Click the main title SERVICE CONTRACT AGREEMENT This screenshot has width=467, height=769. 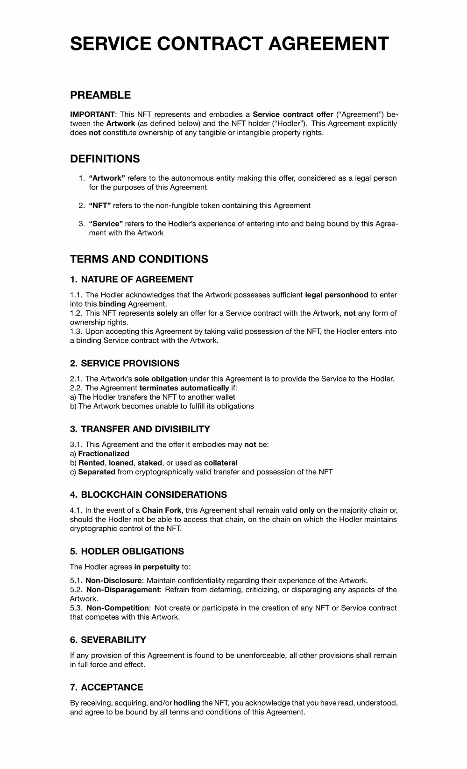pos(229,44)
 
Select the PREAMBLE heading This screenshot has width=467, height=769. pos(100,95)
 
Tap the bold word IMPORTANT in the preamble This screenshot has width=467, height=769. pos(92,114)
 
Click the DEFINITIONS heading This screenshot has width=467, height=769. pos(105,159)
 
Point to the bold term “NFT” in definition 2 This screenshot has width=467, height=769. pos(100,205)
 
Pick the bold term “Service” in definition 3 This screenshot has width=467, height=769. pos(106,224)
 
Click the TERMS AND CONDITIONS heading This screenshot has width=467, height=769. pos(139,259)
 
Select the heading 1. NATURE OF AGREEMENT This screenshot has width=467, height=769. pos(132,280)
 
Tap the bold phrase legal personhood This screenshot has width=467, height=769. pos(337,295)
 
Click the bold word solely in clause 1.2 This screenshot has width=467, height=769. pos(167,313)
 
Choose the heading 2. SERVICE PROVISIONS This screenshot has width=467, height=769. pos(125,363)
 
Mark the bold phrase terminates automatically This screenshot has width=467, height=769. pos(184,388)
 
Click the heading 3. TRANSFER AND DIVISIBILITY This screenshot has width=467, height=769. pos(140,429)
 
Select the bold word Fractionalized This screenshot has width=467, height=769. pos(104,454)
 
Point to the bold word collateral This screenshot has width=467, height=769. pos(221,463)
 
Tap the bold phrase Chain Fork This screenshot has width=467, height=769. pos(162,510)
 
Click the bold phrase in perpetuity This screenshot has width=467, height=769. pos(157,567)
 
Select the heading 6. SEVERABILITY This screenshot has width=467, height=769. pos(108,640)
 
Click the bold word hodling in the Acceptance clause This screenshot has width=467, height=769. pos(187,703)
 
